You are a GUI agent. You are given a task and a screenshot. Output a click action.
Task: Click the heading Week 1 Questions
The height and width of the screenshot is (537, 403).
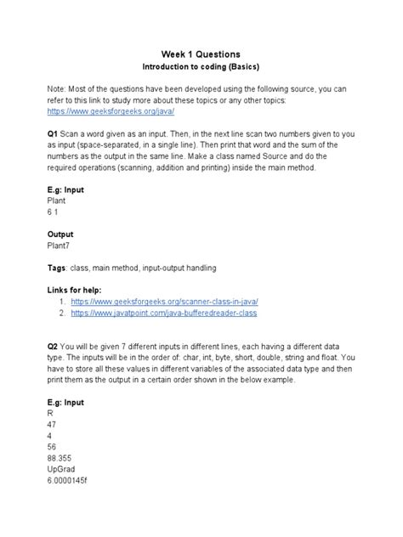[x=201, y=53]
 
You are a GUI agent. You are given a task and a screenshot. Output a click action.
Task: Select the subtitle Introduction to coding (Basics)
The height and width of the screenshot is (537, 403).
[x=201, y=67]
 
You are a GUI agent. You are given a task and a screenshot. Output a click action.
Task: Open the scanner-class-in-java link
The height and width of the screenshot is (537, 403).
[x=165, y=302]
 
